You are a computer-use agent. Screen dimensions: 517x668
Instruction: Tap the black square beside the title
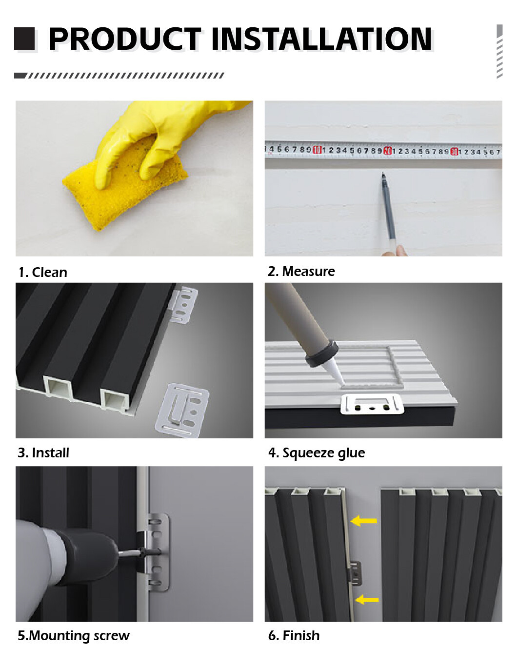[24, 39]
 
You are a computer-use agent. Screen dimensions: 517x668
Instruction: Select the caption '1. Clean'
[43, 273]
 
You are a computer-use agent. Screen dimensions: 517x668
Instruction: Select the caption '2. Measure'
[301, 272]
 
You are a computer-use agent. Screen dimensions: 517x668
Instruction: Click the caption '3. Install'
[43, 453]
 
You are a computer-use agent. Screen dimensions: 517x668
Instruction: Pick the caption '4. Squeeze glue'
[316, 453]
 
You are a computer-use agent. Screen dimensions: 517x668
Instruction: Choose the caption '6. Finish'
[294, 636]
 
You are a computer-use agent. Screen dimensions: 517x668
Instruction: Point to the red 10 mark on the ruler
[317, 150]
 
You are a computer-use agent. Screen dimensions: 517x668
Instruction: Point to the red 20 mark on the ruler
[388, 151]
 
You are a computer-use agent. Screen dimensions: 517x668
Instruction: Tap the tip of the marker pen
[383, 174]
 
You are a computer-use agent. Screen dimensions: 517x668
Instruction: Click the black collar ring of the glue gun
[321, 353]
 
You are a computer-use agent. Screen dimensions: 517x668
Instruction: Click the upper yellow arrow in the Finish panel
[363, 521]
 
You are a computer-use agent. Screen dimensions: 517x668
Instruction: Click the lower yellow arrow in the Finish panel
[367, 599]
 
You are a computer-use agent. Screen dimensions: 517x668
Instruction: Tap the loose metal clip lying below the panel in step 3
[183, 411]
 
